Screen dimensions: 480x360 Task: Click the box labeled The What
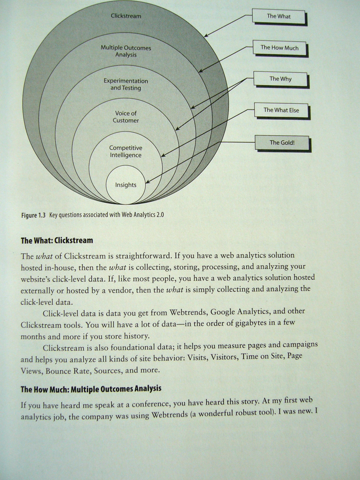point(278,16)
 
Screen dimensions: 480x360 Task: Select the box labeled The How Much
point(279,48)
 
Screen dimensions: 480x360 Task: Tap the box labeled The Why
point(280,79)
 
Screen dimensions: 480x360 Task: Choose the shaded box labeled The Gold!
point(282,143)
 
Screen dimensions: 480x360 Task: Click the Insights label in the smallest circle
point(126,185)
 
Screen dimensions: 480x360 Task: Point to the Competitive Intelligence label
point(126,151)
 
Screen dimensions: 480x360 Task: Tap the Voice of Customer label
point(126,117)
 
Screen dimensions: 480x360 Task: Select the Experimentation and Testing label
point(126,84)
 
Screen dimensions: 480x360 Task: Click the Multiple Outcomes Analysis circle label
point(126,51)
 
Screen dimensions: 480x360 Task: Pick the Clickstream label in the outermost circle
point(126,16)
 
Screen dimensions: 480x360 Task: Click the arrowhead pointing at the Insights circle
point(148,182)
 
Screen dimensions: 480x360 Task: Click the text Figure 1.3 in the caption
point(33,215)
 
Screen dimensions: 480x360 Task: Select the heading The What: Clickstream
point(57,240)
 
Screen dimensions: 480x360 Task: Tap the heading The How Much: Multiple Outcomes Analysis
point(91,389)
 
